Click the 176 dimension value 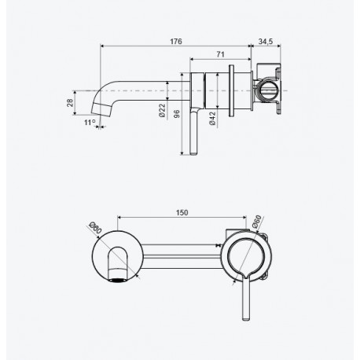coord(176,42)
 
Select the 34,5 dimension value coord(266,42)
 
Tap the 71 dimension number coord(220,54)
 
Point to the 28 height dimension coord(70,103)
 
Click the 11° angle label coord(90,122)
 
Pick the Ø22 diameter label coord(162,110)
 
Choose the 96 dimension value coord(177,114)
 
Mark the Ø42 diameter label coord(212,119)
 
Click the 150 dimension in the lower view coord(182,212)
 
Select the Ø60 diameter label coord(257,222)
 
